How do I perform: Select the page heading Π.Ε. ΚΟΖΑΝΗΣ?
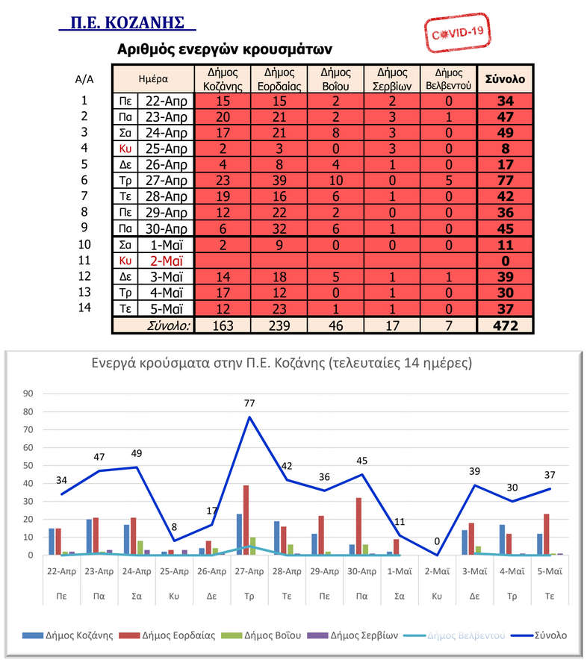click(x=126, y=22)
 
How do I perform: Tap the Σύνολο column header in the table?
click(x=505, y=78)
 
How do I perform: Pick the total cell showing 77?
click(x=505, y=180)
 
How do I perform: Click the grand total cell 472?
click(x=505, y=325)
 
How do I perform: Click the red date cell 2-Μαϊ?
click(x=166, y=261)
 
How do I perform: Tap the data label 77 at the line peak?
click(x=250, y=404)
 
